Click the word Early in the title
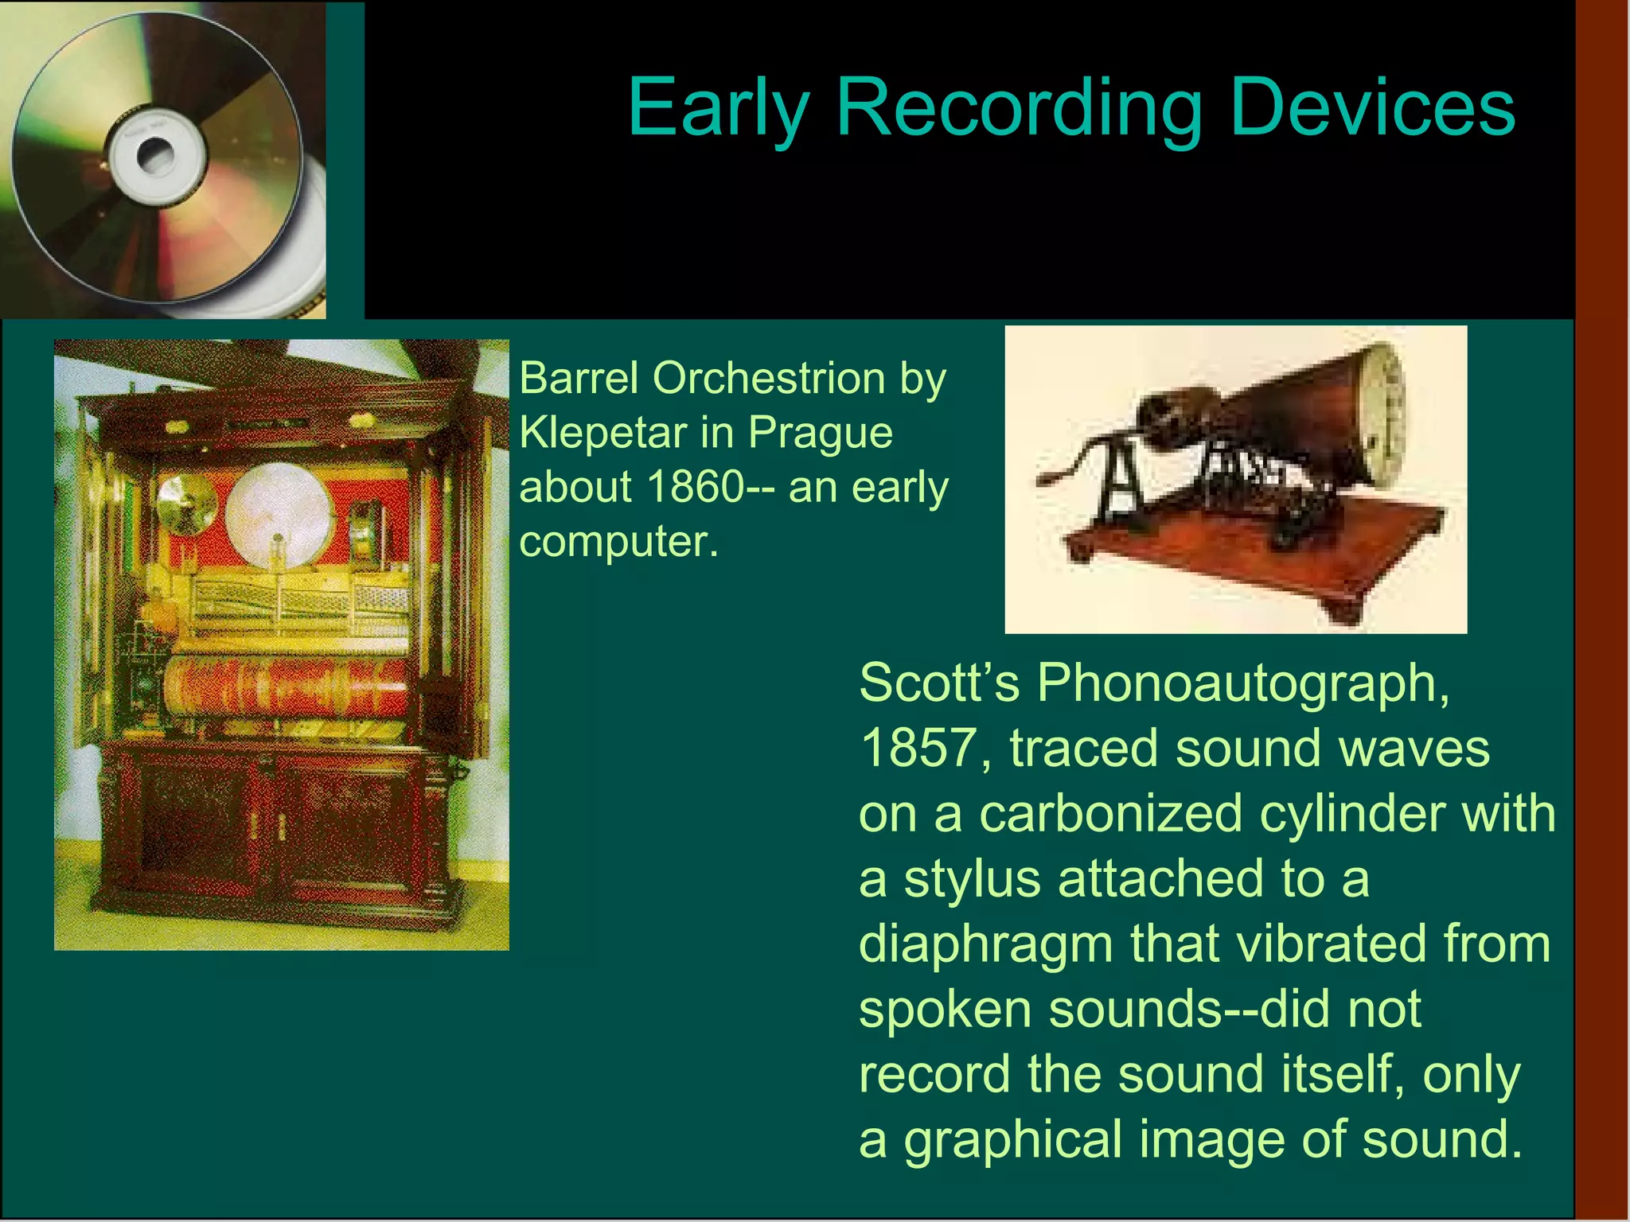[718, 109]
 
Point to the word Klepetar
[602, 433]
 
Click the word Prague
[821, 434]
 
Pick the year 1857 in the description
[919, 749]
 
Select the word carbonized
[1110, 814]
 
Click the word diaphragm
[985, 945]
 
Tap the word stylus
[972, 880]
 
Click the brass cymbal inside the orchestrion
[185, 504]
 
